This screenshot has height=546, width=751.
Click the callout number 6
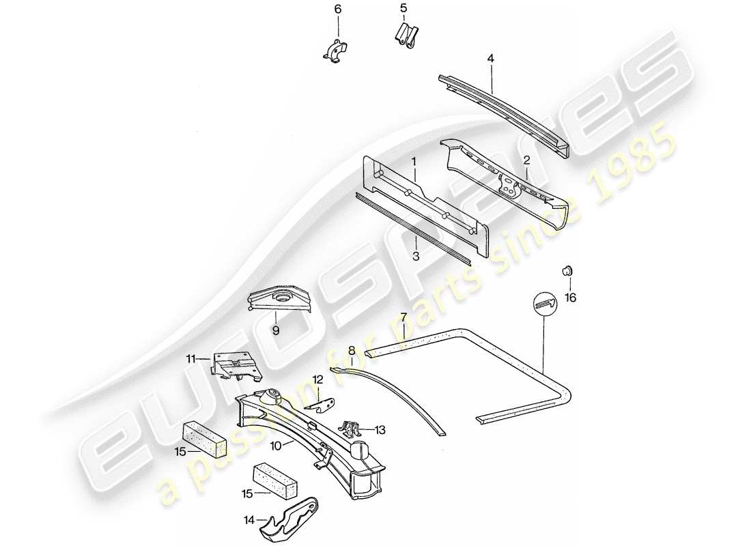337,9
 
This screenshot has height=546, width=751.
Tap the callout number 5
403,8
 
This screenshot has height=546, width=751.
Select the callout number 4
490,59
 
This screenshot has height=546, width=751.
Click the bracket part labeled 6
335,51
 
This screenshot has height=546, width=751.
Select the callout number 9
277,330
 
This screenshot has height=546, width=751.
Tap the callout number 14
249,520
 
